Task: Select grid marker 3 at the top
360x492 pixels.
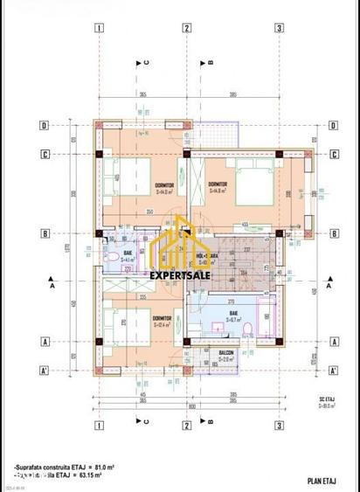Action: (278, 27)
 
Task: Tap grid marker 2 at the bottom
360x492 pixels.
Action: (187, 426)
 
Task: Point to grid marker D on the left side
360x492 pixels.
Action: (42, 125)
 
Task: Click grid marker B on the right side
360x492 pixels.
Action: (331, 233)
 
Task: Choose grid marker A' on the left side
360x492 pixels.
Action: (42, 370)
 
